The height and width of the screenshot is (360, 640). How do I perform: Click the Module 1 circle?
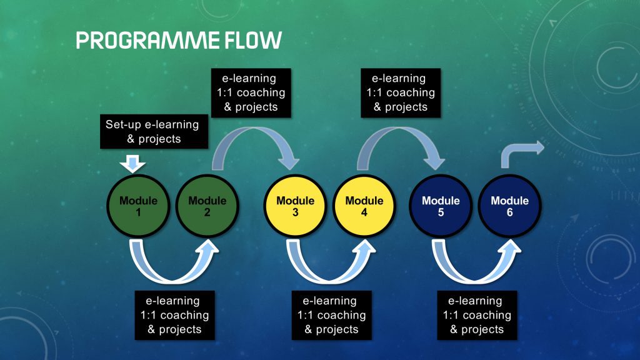point(138,206)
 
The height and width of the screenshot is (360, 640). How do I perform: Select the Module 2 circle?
point(207,206)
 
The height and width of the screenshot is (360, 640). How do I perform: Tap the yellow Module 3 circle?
point(295,206)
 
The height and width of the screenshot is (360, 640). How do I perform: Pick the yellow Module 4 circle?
point(364,206)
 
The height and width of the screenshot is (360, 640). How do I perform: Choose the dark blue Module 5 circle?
point(440,206)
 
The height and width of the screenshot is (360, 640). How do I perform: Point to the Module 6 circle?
point(509,206)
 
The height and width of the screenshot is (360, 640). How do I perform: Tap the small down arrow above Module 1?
point(132,164)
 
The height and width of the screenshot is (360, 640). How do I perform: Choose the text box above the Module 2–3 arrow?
point(250,92)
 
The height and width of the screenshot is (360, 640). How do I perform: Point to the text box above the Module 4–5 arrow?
point(400,92)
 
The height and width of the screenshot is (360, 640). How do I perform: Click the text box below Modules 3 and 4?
point(331,315)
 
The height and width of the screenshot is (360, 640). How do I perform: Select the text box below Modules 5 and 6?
point(477,315)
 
